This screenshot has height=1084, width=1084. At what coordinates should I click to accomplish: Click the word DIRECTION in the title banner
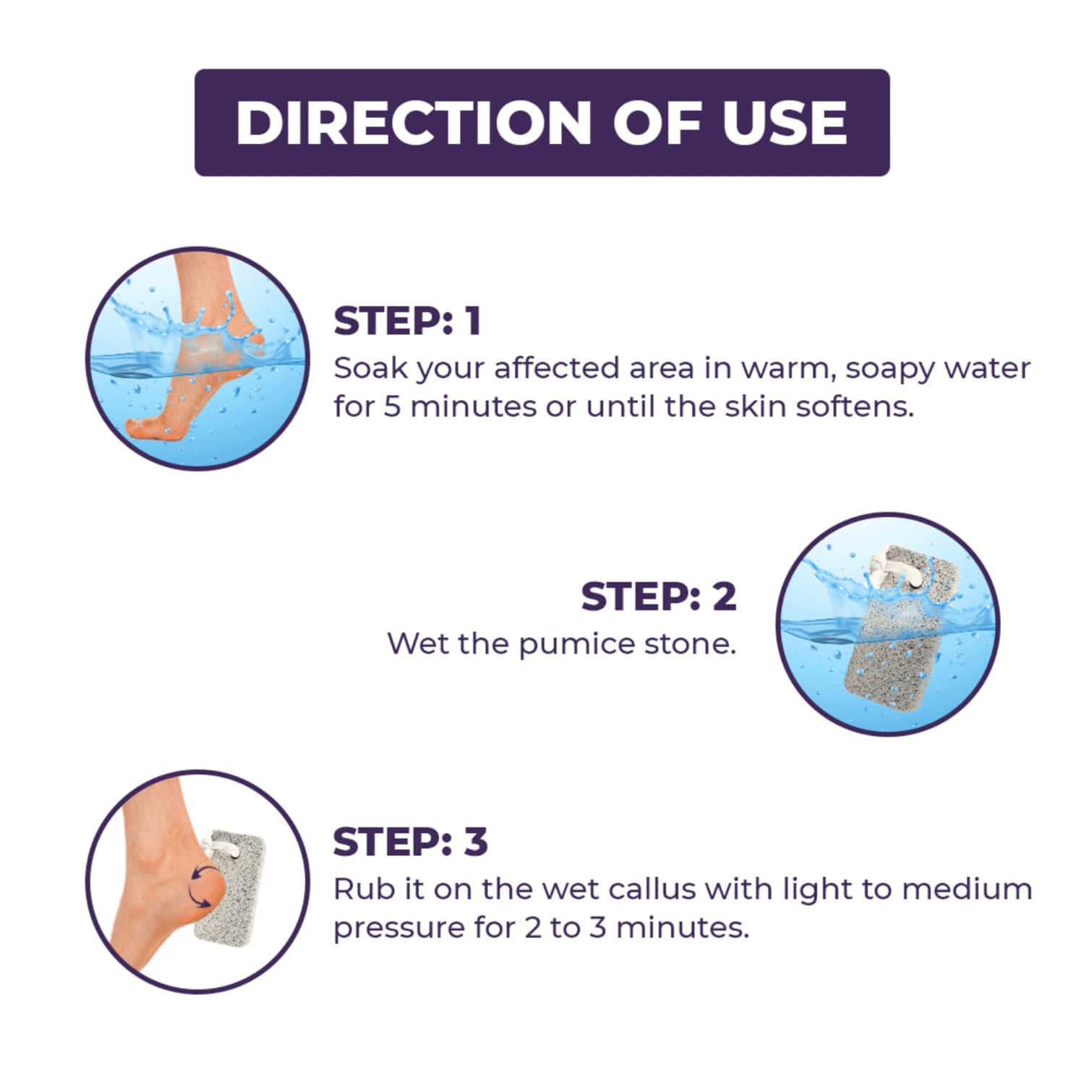click(413, 122)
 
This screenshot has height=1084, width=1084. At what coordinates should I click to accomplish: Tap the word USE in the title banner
click(785, 122)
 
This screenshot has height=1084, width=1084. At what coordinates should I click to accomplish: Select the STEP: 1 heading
click(407, 321)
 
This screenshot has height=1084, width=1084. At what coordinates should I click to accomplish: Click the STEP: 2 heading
click(658, 597)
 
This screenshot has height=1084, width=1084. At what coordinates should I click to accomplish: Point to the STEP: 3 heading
click(410, 842)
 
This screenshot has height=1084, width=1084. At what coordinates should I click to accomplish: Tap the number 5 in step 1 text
click(391, 406)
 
